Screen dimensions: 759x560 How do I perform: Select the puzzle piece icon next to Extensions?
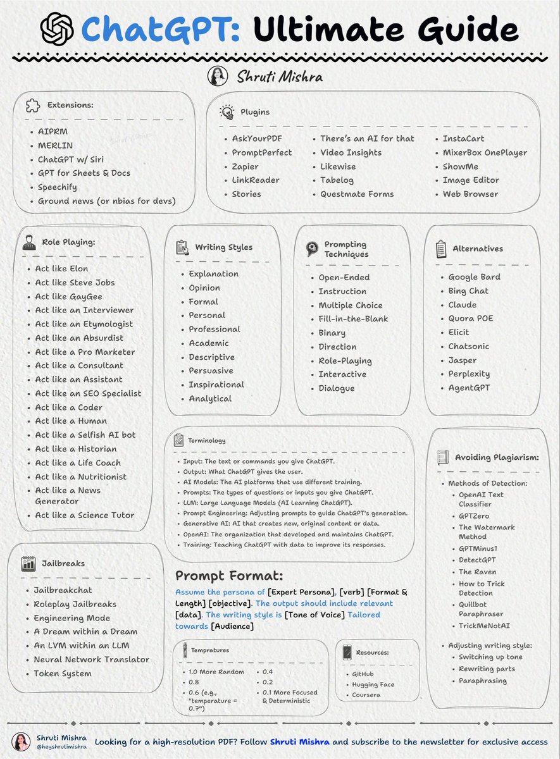click(33, 106)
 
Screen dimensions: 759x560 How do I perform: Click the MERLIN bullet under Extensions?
click(55, 145)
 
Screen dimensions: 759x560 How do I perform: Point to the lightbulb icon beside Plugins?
click(227, 112)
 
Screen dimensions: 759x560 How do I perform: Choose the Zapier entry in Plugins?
click(245, 166)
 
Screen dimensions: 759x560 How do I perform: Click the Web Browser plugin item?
click(470, 194)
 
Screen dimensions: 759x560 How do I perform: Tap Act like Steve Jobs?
click(75, 283)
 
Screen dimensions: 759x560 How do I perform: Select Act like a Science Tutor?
click(85, 515)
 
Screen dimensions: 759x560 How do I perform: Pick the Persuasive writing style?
click(211, 371)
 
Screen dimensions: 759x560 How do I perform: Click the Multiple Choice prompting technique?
click(350, 305)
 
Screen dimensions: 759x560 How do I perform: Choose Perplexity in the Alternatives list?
click(469, 374)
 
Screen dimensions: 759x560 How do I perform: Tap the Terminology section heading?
click(206, 440)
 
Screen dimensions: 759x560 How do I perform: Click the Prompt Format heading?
click(229, 576)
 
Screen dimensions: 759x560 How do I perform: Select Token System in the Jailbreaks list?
click(63, 674)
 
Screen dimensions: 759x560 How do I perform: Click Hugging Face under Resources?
click(373, 684)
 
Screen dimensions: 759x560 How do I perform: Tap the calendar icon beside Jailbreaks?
click(28, 564)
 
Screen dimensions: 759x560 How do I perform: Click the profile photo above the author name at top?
click(218, 77)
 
